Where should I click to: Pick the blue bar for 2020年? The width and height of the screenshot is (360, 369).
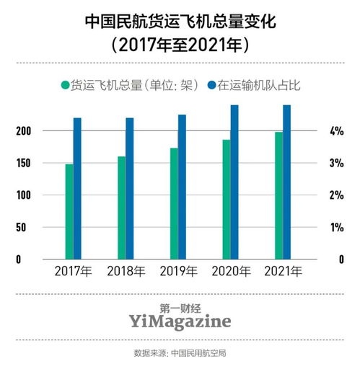(x=234, y=182)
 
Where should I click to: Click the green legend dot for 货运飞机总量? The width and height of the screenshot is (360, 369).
(x=65, y=85)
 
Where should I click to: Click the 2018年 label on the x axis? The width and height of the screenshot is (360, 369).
(x=126, y=272)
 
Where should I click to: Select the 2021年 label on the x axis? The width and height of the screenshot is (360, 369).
(x=283, y=272)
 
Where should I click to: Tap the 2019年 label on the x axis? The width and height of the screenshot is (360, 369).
(x=178, y=272)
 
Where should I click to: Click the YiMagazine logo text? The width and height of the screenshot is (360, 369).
(x=180, y=319)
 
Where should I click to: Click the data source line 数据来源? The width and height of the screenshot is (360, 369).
(x=180, y=353)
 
